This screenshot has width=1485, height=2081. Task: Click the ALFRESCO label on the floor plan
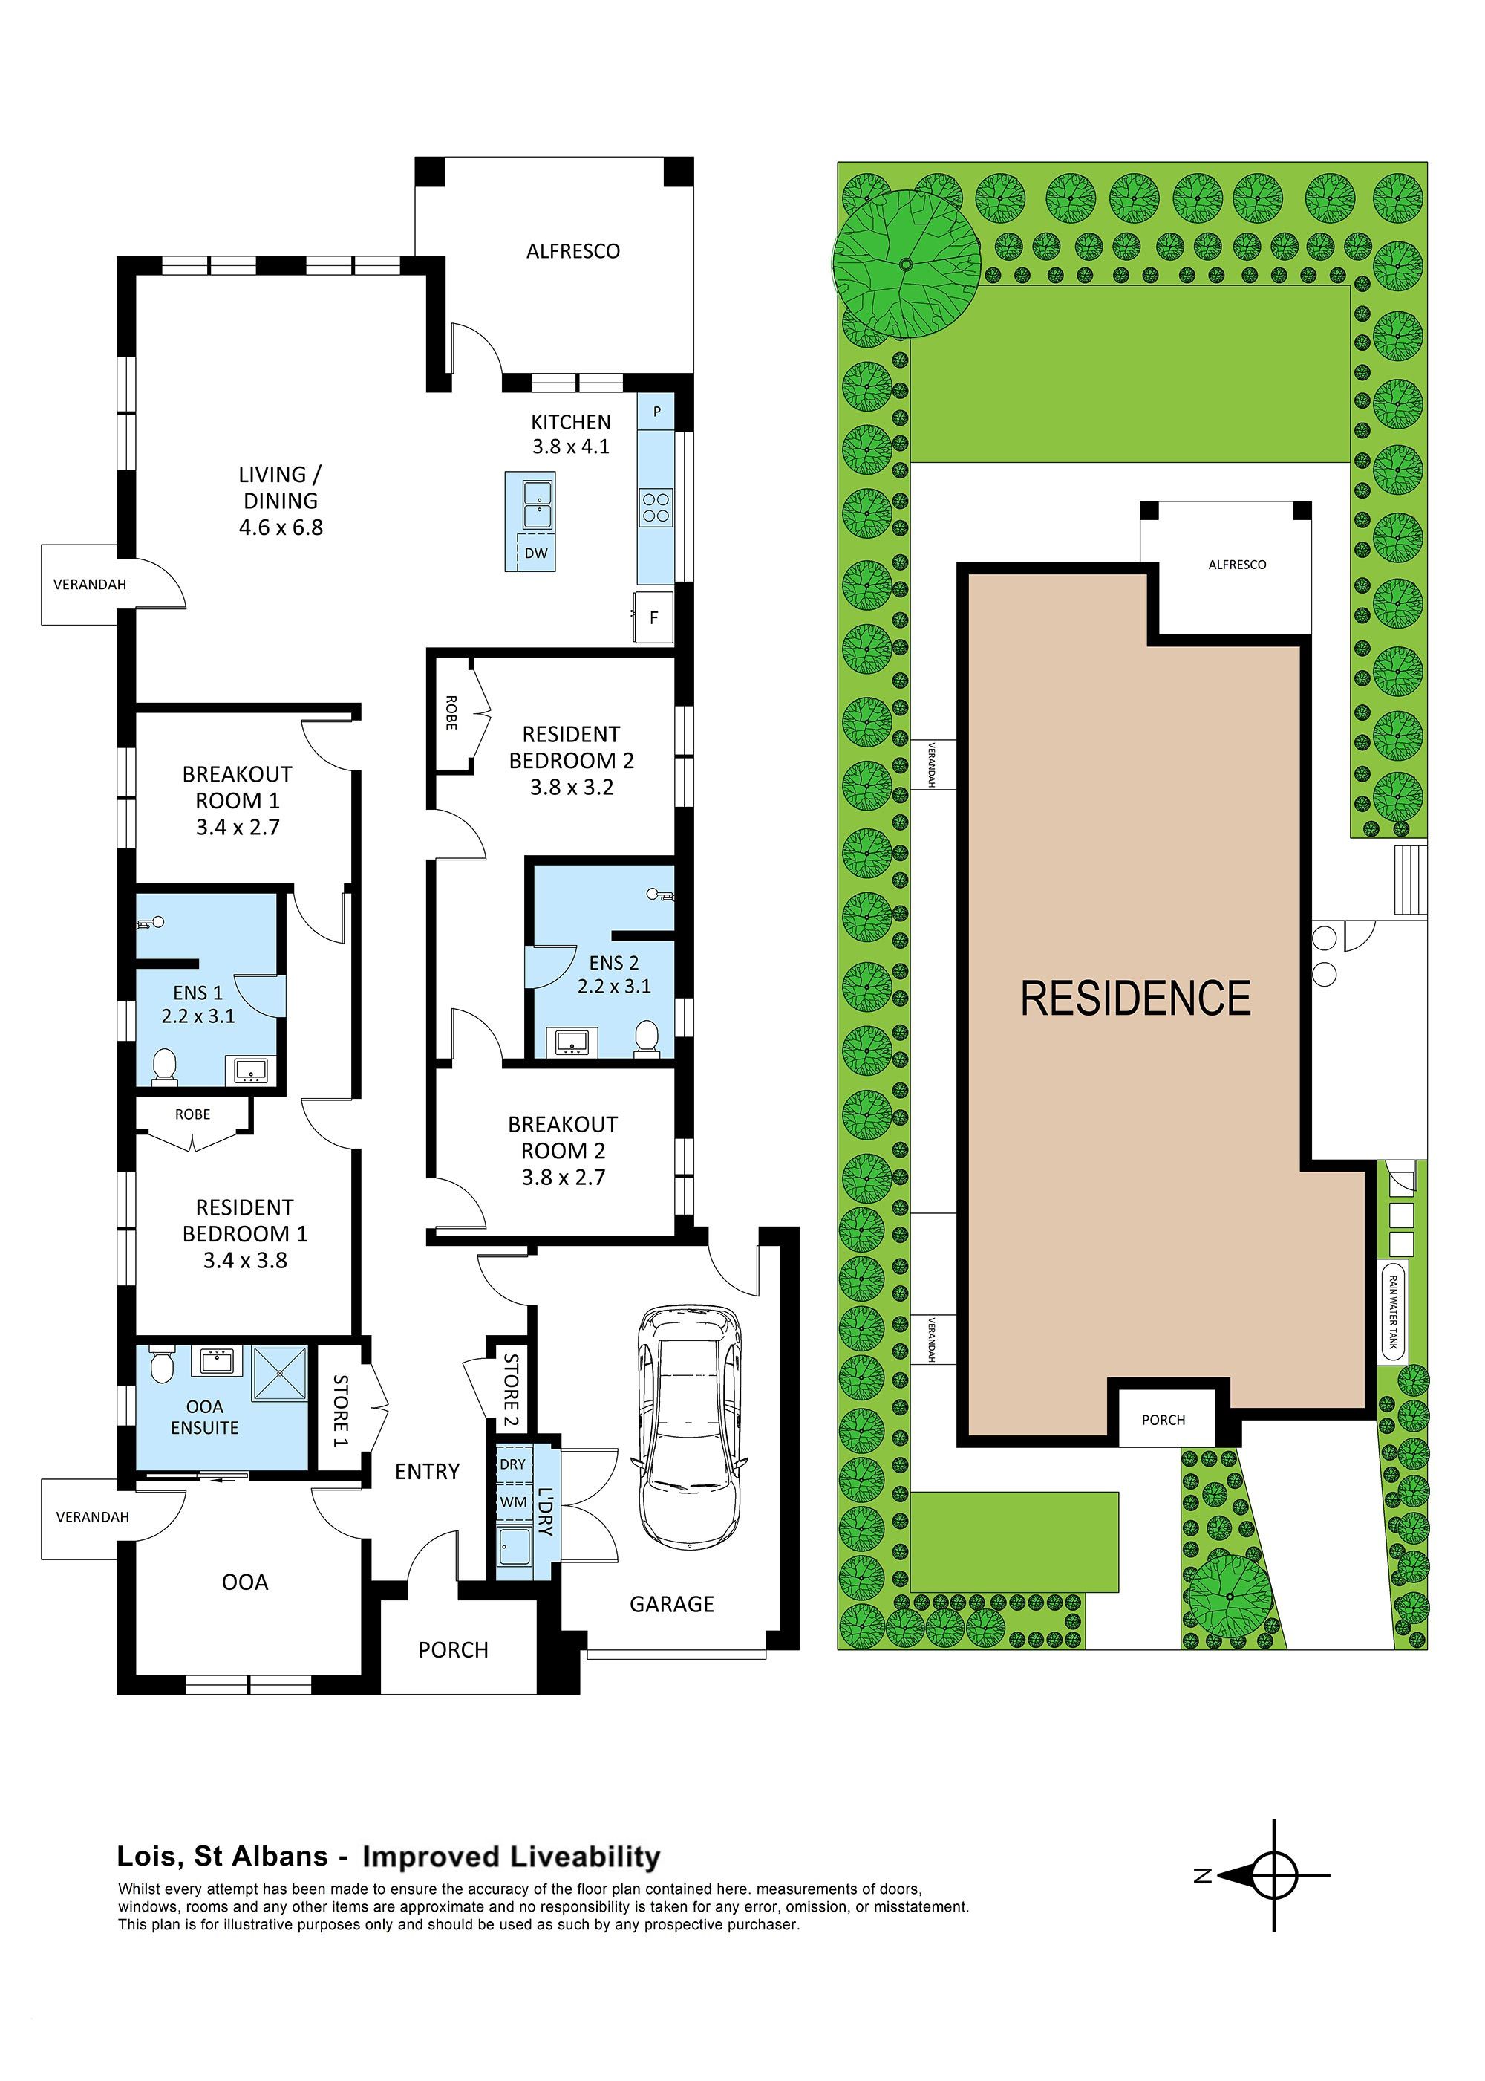(572, 252)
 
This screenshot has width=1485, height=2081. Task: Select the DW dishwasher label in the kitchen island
(536, 553)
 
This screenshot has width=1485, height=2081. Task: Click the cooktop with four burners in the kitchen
(655, 507)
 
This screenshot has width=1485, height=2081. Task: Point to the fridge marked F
(654, 617)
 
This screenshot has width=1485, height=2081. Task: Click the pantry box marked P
(656, 412)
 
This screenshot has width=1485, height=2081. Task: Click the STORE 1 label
(340, 1411)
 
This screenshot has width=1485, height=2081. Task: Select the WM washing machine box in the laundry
(513, 1502)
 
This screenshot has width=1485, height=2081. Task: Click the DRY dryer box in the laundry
(513, 1464)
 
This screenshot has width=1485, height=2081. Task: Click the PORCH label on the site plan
(1163, 1420)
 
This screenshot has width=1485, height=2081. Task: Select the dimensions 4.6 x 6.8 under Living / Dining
(281, 527)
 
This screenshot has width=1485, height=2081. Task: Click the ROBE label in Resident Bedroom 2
(451, 712)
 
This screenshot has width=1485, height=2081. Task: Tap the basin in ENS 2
(572, 1042)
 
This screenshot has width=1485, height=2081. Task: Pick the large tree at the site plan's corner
(905, 265)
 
